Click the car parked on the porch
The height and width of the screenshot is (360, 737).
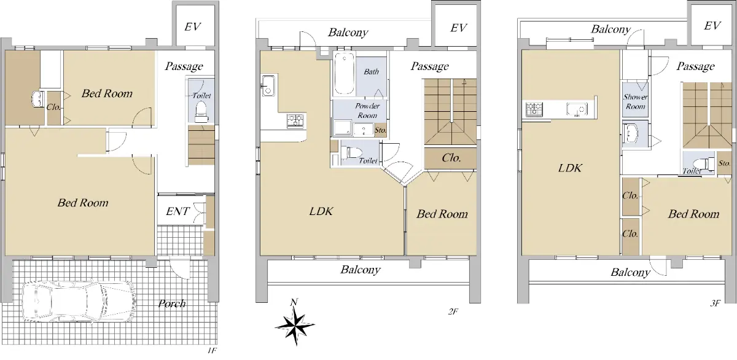pyautogui.click(x=79, y=301)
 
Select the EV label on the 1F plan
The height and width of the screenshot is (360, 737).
pyautogui.click(x=192, y=26)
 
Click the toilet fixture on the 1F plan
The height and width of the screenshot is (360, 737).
pyautogui.click(x=201, y=111)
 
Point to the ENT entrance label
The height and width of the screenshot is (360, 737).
pyautogui.click(x=177, y=211)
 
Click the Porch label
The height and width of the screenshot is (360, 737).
pyautogui.click(x=172, y=303)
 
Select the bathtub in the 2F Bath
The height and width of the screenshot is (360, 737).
pyautogui.click(x=345, y=74)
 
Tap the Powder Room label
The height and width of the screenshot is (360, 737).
pyautogui.click(x=367, y=111)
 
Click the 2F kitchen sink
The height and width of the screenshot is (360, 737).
pyautogui.click(x=269, y=85)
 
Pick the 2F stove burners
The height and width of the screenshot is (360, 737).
pyautogui.click(x=295, y=120)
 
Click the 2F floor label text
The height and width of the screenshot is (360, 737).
pyautogui.click(x=453, y=311)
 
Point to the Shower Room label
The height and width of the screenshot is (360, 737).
pyautogui.click(x=635, y=102)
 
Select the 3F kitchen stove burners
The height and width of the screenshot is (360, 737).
pyautogui.click(x=534, y=109)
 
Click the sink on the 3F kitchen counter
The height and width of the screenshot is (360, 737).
pyautogui.click(x=577, y=109)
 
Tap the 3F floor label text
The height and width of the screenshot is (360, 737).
pyautogui.click(x=716, y=303)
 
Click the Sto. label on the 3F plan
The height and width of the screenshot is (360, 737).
pyautogui.click(x=724, y=163)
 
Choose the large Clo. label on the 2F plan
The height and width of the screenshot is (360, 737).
pyautogui.click(x=451, y=158)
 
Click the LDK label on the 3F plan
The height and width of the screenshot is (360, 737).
pyautogui.click(x=570, y=168)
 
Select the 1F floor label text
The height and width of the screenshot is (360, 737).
pyautogui.click(x=212, y=350)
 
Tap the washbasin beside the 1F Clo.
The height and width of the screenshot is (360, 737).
pyautogui.click(x=38, y=99)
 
